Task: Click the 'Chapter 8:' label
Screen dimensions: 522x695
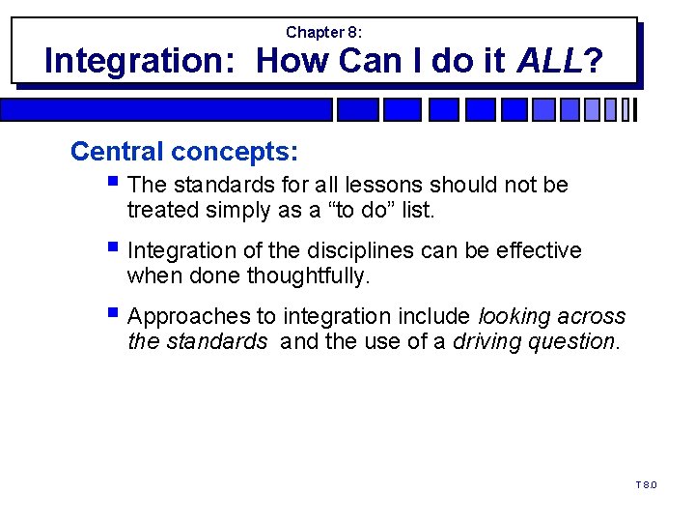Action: (324, 32)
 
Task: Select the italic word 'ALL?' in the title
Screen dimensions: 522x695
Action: (561, 61)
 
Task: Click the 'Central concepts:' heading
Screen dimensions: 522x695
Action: (184, 152)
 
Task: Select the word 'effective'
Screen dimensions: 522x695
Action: (537, 250)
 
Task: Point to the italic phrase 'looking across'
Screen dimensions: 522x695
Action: (552, 316)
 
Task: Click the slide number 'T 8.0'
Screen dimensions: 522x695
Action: (646, 484)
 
